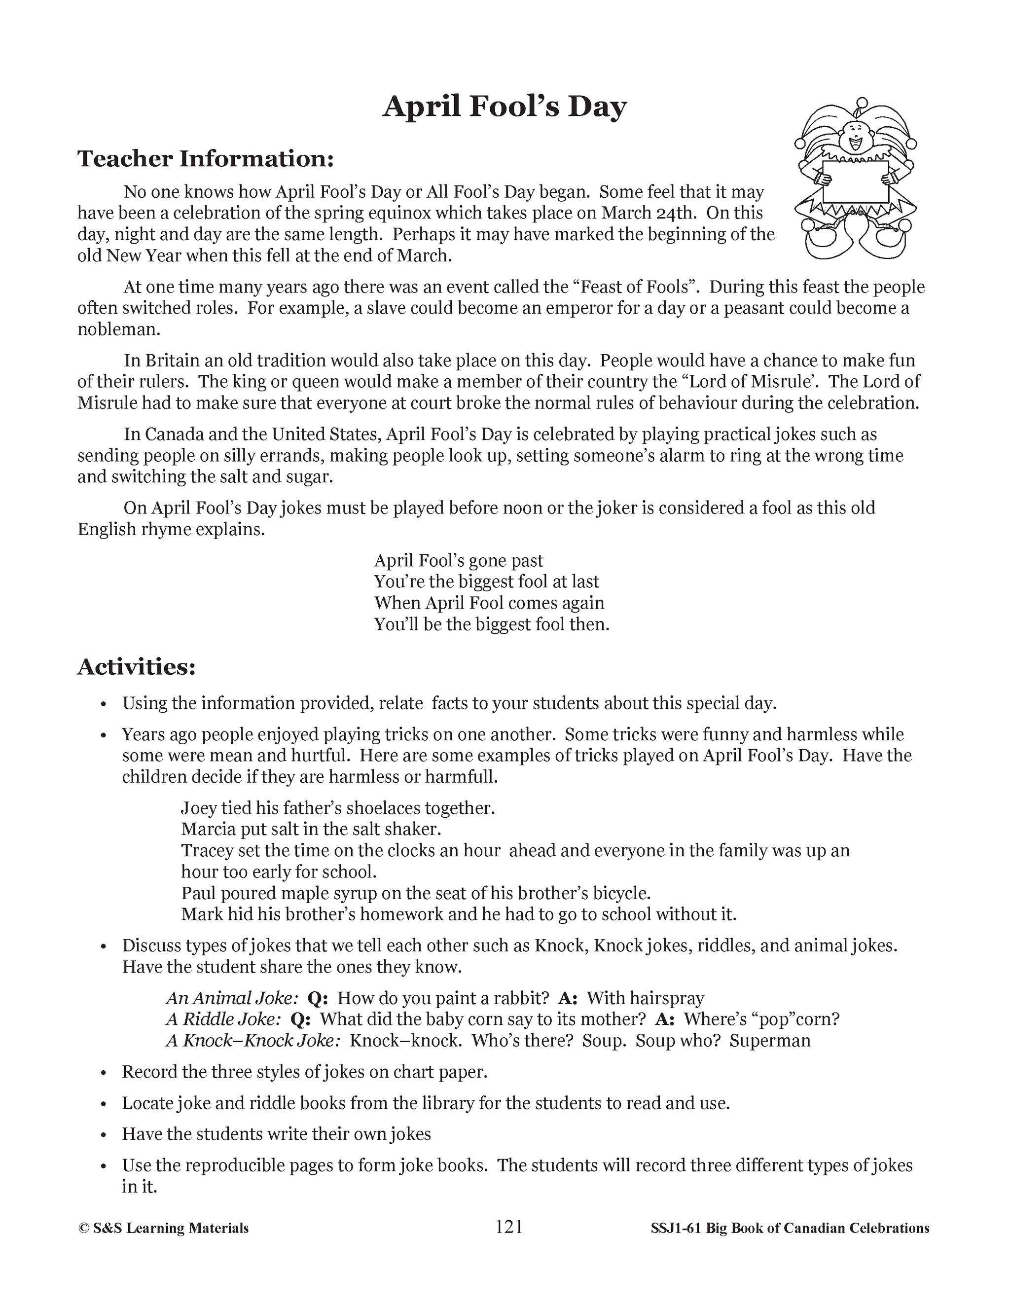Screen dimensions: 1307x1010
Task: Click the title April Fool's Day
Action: click(x=505, y=107)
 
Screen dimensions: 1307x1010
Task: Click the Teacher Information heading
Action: click(x=205, y=159)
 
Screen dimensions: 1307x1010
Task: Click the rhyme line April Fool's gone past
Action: click(x=458, y=561)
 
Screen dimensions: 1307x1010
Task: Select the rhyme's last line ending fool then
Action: click(x=491, y=624)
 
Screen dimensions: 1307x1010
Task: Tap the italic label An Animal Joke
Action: click(x=232, y=998)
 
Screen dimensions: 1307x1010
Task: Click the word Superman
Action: click(x=769, y=1041)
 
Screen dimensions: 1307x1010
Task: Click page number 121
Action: click(x=509, y=1228)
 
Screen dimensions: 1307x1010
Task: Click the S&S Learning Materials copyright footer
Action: click(x=163, y=1229)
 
